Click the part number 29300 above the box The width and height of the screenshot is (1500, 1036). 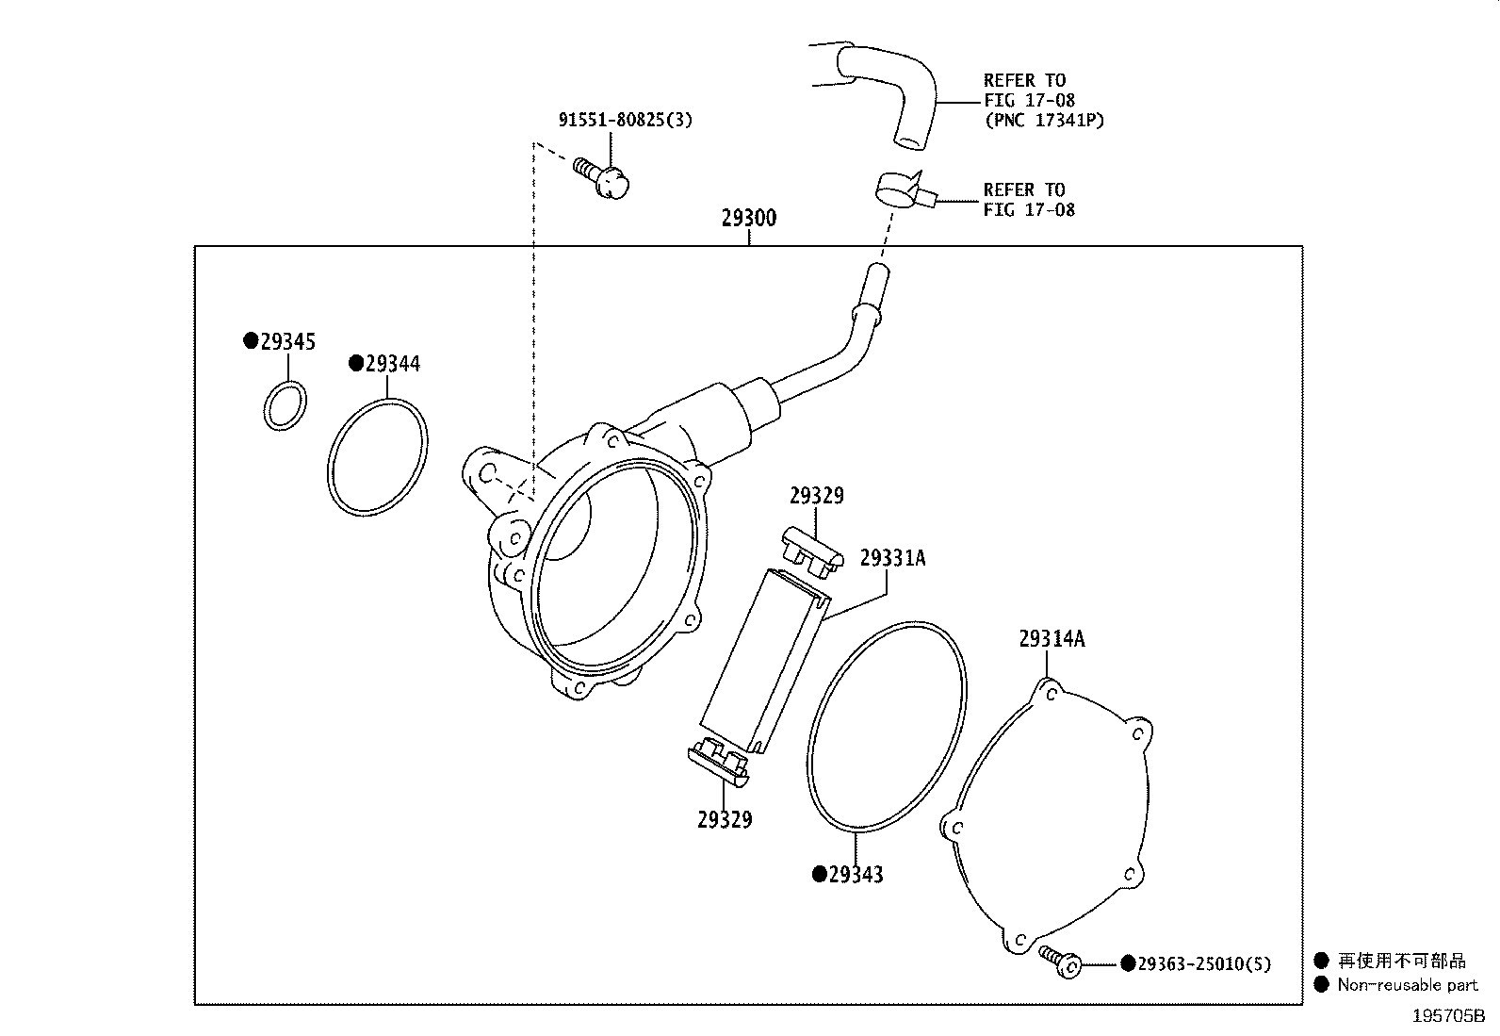(x=749, y=219)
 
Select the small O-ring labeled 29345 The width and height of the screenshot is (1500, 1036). (x=284, y=405)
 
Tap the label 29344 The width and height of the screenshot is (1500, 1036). (x=393, y=364)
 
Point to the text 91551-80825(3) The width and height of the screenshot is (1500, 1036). (x=625, y=120)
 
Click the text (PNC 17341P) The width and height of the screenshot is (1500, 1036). (x=1044, y=121)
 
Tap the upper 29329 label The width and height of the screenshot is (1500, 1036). (x=816, y=496)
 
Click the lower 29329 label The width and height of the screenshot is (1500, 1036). (x=725, y=820)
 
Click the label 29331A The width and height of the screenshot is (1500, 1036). (x=892, y=558)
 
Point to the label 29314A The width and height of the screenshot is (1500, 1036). (x=1052, y=639)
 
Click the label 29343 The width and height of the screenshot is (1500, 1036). (x=856, y=875)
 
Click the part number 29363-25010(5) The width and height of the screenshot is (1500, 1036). (x=1203, y=963)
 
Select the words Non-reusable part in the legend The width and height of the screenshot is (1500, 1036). (x=1408, y=985)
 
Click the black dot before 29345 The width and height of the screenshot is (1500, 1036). (x=251, y=341)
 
